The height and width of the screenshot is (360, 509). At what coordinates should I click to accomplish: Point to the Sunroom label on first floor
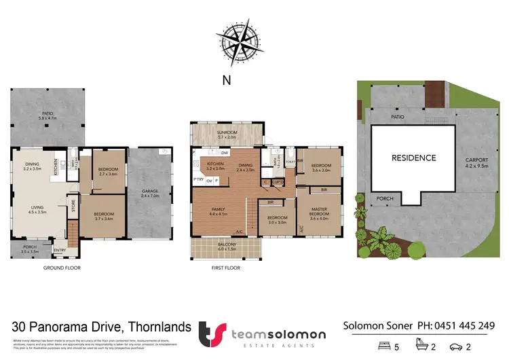(x=225, y=134)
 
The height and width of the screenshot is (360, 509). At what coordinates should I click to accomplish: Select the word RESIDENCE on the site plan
(x=413, y=158)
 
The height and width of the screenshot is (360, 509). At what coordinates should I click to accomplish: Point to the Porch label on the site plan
(x=385, y=200)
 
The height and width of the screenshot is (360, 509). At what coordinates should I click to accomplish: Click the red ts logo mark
(x=210, y=334)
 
